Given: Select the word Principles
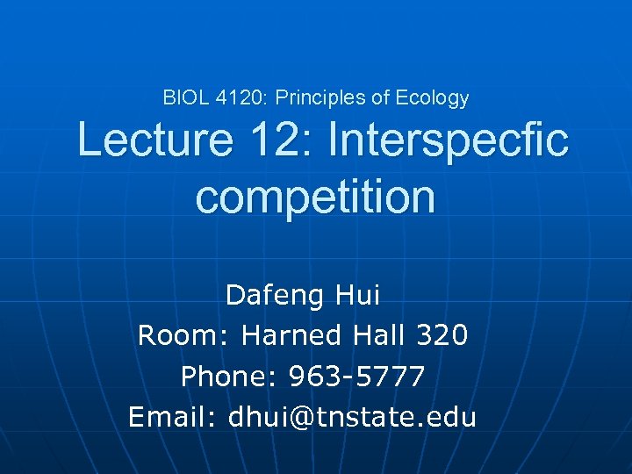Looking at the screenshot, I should [x=318, y=98].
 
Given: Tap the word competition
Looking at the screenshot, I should [x=315, y=197].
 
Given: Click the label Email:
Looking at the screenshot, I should [x=173, y=417].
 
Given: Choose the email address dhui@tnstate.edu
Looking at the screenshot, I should [x=352, y=417].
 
